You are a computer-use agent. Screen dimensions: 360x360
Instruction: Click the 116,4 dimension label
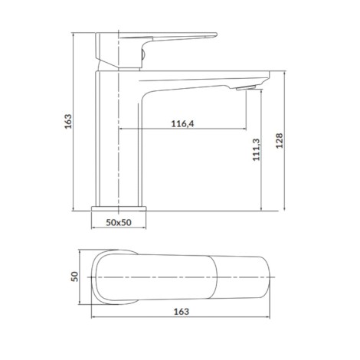pyautogui.click(x=182, y=124)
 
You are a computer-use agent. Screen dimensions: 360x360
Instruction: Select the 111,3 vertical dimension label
pyautogui.click(x=256, y=149)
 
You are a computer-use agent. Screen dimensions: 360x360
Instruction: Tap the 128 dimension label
pyautogui.click(x=280, y=140)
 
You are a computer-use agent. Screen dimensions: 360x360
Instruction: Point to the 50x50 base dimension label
pyautogui.click(x=119, y=222)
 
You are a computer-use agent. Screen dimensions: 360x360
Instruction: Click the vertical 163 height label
pyautogui.click(x=68, y=121)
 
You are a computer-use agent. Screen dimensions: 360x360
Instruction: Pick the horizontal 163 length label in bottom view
pyautogui.click(x=182, y=312)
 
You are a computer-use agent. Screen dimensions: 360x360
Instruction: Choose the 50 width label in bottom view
pyautogui.click(x=74, y=277)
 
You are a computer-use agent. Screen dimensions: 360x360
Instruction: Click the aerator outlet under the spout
pyautogui.click(x=246, y=88)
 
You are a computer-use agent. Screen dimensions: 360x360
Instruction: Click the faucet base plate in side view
pyautogui.click(x=119, y=208)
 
